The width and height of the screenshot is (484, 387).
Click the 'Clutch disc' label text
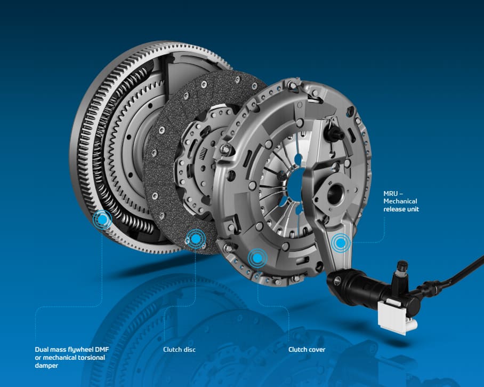pyautogui.click(x=179, y=350)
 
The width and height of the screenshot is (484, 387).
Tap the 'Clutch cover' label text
pyautogui.click(x=306, y=350)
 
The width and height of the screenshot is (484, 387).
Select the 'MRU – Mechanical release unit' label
pyautogui.click(x=401, y=201)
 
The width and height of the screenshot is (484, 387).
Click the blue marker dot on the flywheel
pyautogui.click(x=102, y=219)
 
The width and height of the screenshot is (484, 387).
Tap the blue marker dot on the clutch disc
pyautogui.click(x=196, y=239)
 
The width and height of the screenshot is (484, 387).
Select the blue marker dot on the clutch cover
pyautogui.click(x=257, y=258)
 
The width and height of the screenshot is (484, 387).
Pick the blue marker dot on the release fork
pyautogui.click(x=341, y=243)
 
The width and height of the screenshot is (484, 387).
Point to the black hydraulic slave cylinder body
pyautogui.click(x=370, y=288)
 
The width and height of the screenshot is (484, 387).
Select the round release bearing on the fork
pyautogui.click(x=335, y=193)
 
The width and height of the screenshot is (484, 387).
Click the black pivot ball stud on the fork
pyautogui.click(x=333, y=133)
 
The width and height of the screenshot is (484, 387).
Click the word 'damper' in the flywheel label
pyautogui.click(x=46, y=366)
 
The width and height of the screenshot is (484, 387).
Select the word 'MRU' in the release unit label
pyautogui.click(x=391, y=193)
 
